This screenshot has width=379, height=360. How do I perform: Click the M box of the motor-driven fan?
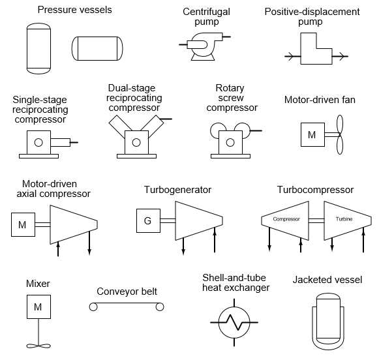(311, 135)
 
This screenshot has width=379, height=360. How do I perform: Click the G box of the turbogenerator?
(147, 220)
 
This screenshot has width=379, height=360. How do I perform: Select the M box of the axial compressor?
(23, 225)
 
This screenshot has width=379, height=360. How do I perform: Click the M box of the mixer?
(37, 307)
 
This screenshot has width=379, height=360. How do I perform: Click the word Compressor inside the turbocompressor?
(286, 220)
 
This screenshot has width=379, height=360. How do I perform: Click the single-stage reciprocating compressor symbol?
(41, 142)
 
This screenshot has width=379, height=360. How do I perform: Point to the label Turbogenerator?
(177, 190)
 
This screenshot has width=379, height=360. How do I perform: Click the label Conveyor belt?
(127, 292)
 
